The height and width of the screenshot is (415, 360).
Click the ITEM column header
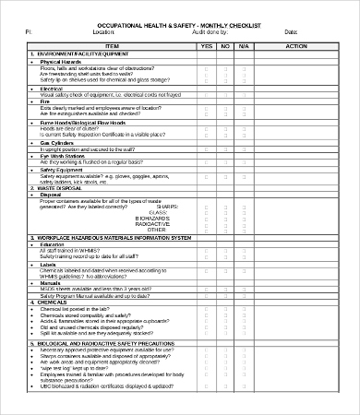tap(112, 45)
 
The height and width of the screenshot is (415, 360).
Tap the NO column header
tap(225, 45)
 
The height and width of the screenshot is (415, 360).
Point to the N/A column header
tap(245, 45)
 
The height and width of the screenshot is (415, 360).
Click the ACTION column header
tap(297, 45)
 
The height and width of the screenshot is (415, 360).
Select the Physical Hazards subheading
tap(63, 62)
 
